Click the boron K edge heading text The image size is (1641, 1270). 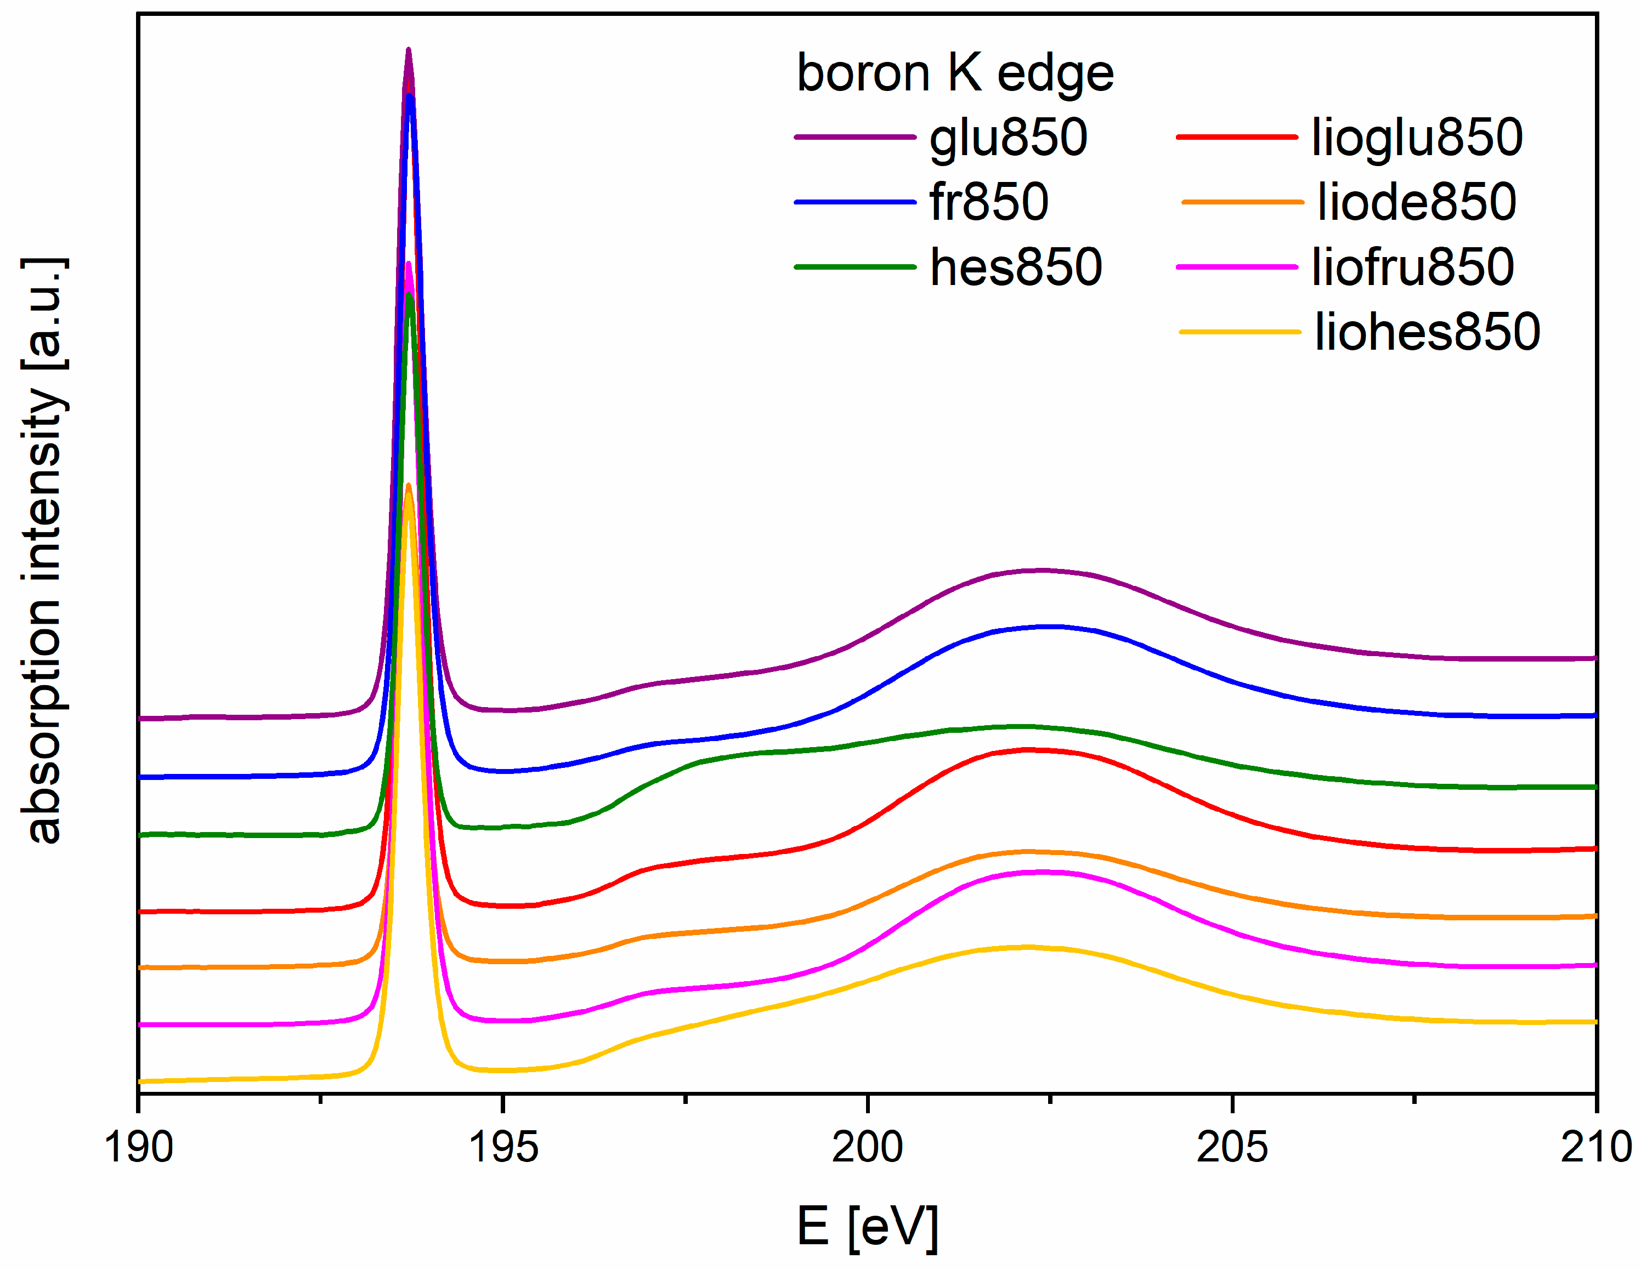(955, 73)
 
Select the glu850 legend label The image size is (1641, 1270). (1008, 138)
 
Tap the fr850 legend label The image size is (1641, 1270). (989, 203)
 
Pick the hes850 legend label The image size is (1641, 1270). (1016, 267)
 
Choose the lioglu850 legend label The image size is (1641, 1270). (1417, 138)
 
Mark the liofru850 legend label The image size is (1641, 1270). (1413, 267)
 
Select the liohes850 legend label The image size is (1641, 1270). (1428, 332)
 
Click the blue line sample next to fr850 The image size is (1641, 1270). (855, 202)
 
